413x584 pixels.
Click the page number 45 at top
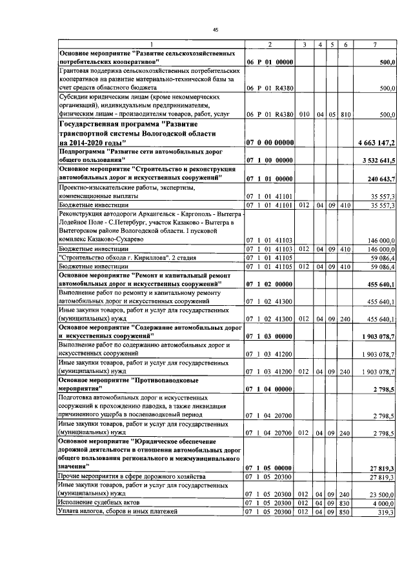[216, 29]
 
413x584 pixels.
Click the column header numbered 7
[374, 44]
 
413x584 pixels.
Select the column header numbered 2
[270, 44]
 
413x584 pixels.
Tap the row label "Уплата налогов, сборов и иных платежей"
[119, 512]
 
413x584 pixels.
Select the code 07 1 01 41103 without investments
[270, 239]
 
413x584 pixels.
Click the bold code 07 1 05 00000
[270, 467]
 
